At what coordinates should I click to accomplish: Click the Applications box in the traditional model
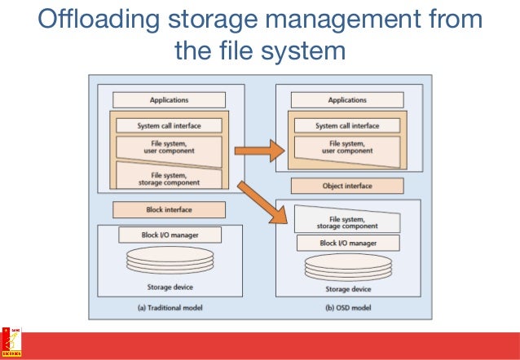click(x=169, y=99)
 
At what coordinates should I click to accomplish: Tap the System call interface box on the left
click(x=169, y=125)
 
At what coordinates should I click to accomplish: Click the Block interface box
click(x=169, y=209)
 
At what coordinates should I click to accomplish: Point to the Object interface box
click(x=347, y=186)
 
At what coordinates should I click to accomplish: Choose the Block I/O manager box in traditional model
click(x=169, y=235)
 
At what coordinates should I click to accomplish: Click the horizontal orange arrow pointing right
click(x=258, y=151)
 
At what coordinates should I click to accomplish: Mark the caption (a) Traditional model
click(x=169, y=308)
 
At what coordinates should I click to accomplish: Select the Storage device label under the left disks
click(x=169, y=287)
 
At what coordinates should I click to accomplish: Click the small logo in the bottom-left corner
click(x=11, y=343)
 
